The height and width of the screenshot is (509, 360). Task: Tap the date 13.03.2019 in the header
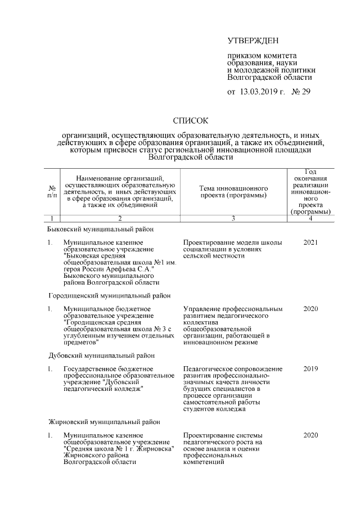pyautogui.click(x=263, y=92)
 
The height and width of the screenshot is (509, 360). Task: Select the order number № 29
pyautogui.click(x=301, y=92)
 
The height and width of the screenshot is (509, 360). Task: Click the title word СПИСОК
pyautogui.click(x=191, y=120)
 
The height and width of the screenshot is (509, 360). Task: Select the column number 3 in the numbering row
pyautogui.click(x=233, y=218)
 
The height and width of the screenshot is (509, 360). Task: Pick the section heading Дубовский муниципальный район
pyautogui.click(x=100, y=355)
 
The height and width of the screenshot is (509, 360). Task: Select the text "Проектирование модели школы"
pyautogui.click(x=233, y=242)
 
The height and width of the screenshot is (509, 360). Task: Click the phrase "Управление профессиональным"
pyautogui.click(x=233, y=309)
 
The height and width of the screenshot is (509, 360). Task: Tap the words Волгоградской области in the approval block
pyautogui.click(x=269, y=78)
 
